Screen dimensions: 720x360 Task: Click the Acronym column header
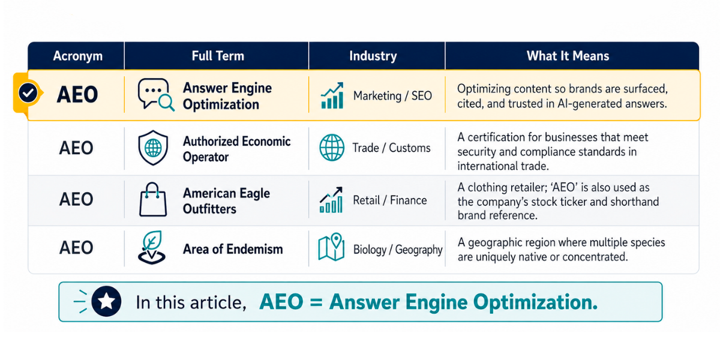point(78,56)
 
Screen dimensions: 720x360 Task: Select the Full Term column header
point(218,56)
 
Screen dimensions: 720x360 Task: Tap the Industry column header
point(373,56)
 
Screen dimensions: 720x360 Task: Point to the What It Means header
point(568,56)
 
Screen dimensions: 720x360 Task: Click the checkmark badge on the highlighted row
point(28,93)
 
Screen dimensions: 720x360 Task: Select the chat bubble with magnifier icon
point(156,95)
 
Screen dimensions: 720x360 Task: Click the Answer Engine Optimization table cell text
point(227,96)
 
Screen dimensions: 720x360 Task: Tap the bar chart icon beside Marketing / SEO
point(332,95)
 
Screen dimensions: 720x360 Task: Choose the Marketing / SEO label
point(392,96)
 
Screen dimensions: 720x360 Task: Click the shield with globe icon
point(153,148)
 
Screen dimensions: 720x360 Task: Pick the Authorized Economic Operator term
point(236,149)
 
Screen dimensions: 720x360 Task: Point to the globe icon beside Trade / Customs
point(332,148)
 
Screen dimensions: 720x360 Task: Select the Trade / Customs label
point(391,148)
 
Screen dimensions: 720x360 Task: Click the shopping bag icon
point(153,199)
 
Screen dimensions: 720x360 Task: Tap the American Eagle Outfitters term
point(226,201)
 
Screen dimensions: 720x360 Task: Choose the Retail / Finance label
point(390,200)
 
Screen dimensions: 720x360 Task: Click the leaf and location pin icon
point(152,247)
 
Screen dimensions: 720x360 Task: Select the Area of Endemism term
point(233,249)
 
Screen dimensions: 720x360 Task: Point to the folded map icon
point(331,247)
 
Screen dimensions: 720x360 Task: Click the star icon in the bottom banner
point(106,301)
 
